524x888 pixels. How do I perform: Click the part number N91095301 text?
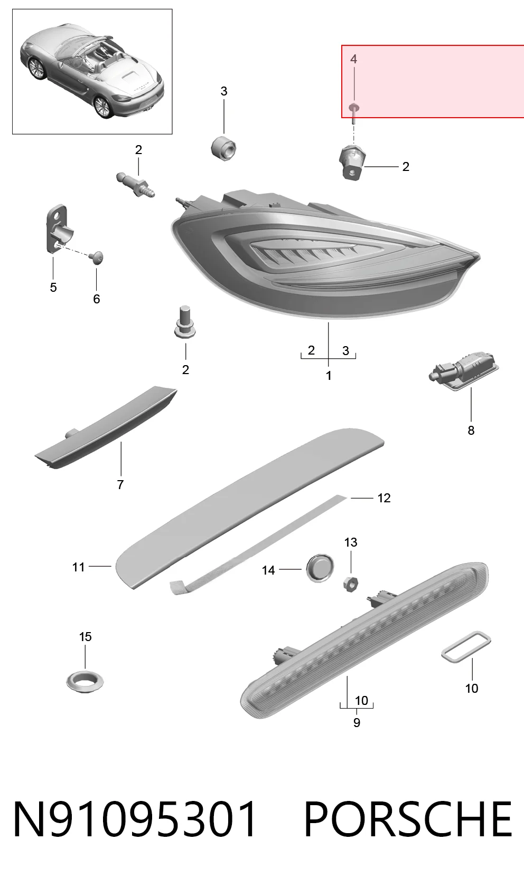(x=135, y=819)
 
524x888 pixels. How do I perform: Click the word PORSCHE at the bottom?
(x=408, y=819)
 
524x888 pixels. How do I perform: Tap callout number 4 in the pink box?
(x=354, y=59)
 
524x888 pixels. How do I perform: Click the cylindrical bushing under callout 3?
(x=223, y=148)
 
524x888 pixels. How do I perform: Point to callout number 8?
(x=471, y=430)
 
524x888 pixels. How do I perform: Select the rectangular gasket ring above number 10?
(x=466, y=647)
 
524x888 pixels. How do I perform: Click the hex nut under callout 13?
(x=351, y=584)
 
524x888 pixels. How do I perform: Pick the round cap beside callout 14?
(x=320, y=568)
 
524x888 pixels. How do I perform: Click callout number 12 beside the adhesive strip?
(x=384, y=498)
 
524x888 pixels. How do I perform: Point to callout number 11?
(x=78, y=567)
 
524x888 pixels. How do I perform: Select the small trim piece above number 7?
(x=106, y=427)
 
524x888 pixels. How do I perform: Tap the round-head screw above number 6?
(x=96, y=257)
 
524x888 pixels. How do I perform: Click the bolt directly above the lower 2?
(x=185, y=322)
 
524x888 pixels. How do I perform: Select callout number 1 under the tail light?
(x=329, y=376)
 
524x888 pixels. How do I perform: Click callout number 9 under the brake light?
(x=357, y=722)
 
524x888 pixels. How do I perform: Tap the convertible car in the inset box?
(x=92, y=71)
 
